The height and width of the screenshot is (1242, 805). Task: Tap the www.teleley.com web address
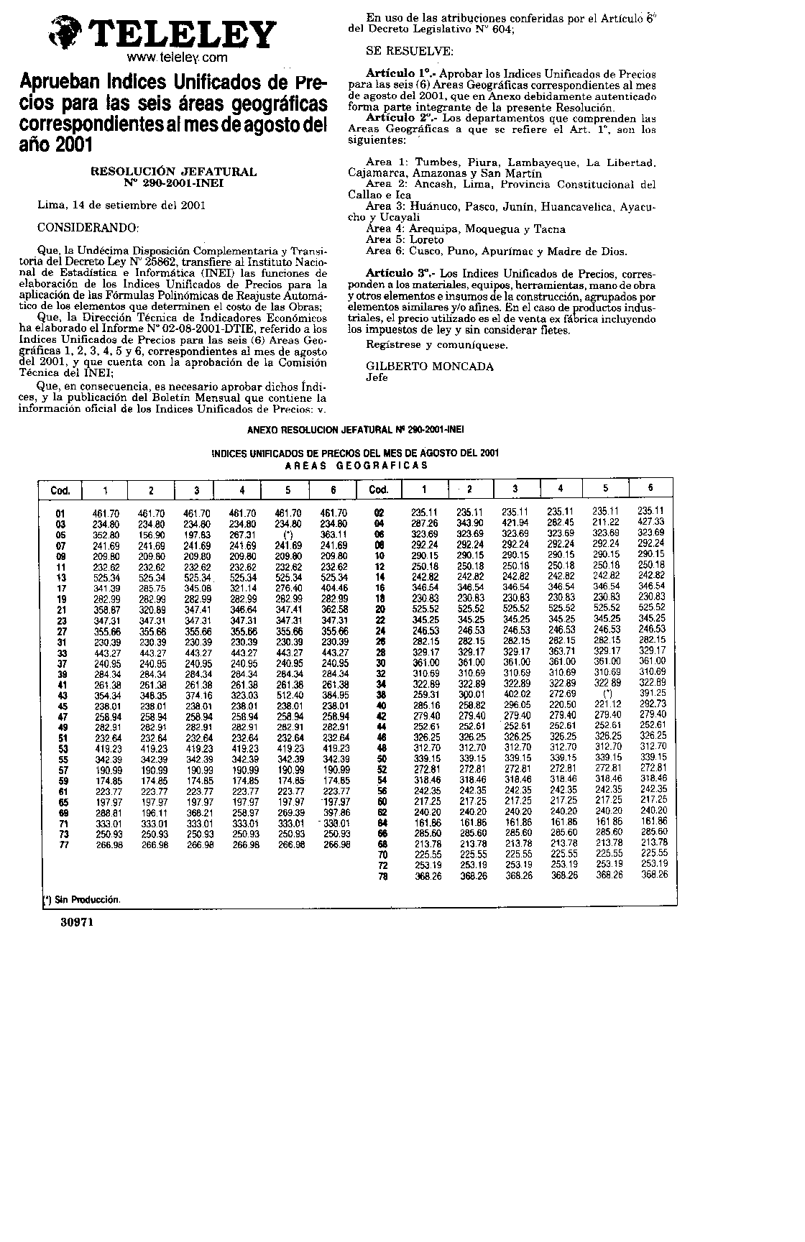177,57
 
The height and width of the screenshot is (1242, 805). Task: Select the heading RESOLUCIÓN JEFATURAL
173,172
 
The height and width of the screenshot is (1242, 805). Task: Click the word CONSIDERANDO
87,228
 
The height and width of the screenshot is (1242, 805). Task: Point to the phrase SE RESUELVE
410,52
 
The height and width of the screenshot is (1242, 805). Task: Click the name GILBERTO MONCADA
430,366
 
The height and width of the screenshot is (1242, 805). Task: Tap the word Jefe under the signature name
377,377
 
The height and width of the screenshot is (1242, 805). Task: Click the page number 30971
77,921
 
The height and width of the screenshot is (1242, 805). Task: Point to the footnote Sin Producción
81,899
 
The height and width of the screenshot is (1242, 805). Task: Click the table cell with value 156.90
152,535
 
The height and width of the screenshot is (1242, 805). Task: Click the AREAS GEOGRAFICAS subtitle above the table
356,465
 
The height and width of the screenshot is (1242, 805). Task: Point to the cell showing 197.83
197,535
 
